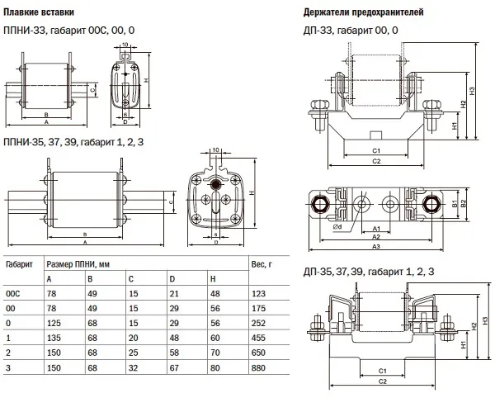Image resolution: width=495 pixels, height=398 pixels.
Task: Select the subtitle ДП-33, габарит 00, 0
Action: click(x=351, y=31)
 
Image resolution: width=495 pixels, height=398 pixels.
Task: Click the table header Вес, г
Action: click(x=262, y=264)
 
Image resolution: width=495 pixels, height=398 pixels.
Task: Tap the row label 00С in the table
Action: click(x=14, y=293)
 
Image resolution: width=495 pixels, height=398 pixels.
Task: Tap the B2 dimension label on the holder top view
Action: click(x=464, y=202)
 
